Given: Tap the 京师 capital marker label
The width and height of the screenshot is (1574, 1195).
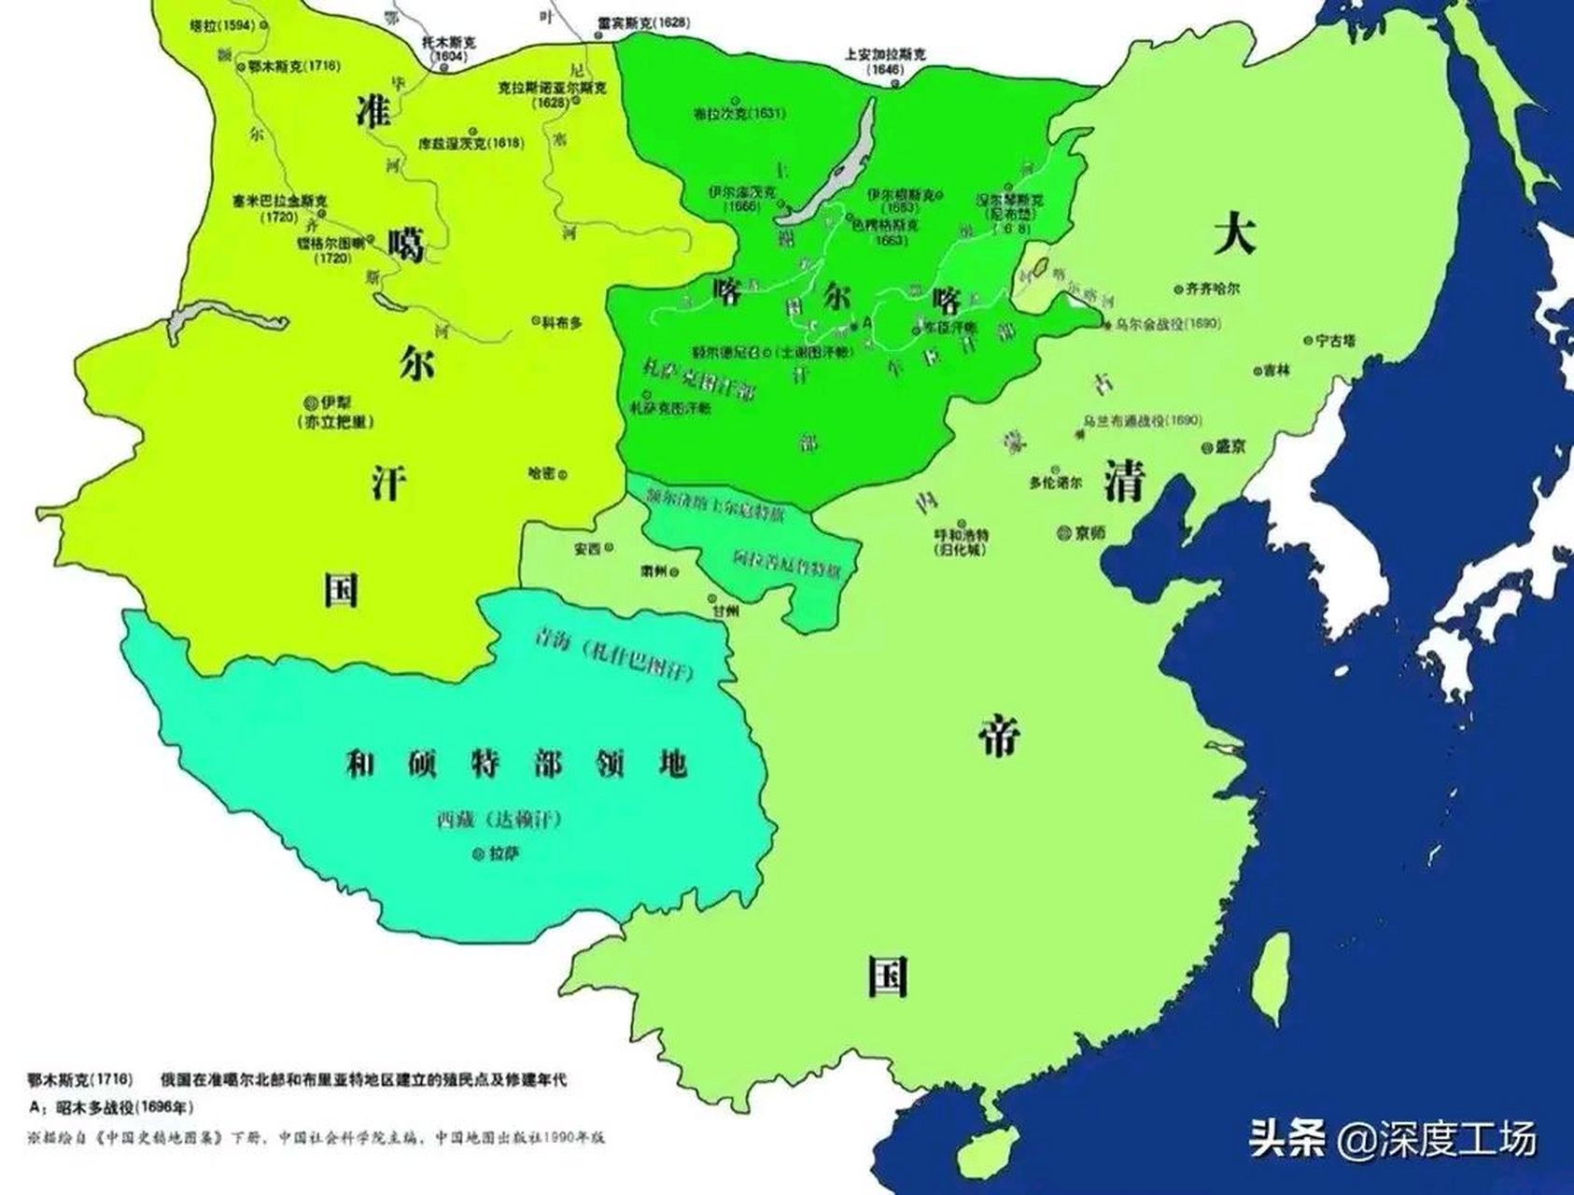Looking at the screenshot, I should coord(1089,533).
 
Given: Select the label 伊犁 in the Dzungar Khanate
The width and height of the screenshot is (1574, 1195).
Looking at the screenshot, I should coord(334,402).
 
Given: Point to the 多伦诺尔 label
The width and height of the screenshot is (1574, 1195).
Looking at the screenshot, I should coord(1055,484).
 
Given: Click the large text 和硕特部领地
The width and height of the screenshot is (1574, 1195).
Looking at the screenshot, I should coord(515,764).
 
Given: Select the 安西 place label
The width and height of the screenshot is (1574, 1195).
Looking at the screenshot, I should coord(588,549).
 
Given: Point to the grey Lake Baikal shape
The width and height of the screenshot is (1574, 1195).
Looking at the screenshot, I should coord(829,169).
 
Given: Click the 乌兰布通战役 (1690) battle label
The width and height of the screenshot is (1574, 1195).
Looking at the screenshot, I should coord(1141,420).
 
